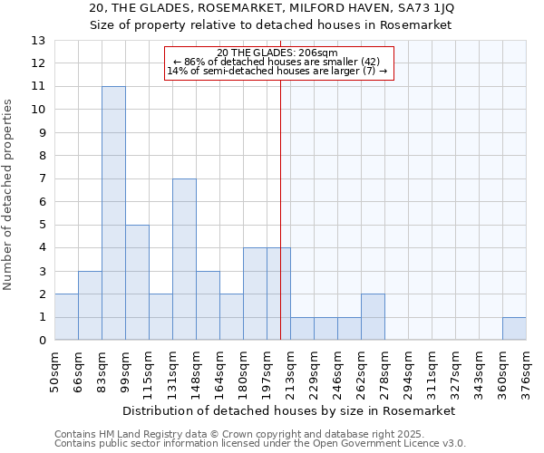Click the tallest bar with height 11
pyautogui.click(x=113, y=213)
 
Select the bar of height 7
pyautogui.click(x=184, y=259)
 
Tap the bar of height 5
pyautogui.click(x=137, y=282)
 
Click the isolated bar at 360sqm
pyautogui.click(x=514, y=329)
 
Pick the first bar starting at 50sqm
pyautogui.click(x=66, y=317)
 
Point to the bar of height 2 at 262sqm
pyautogui.click(x=373, y=317)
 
